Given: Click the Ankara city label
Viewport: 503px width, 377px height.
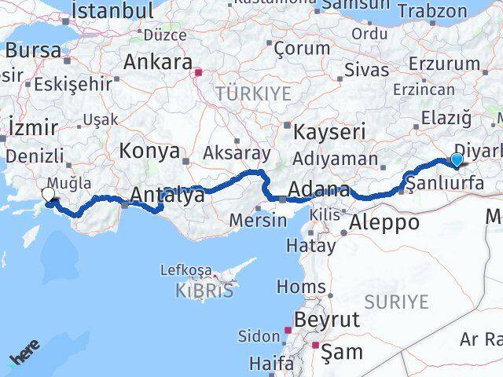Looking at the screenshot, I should click(x=157, y=63).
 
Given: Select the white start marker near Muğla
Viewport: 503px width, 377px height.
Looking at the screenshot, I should click(x=48, y=195).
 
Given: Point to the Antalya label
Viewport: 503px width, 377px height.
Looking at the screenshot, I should click(x=168, y=194).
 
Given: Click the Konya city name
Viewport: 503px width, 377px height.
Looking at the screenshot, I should click(x=149, y=152).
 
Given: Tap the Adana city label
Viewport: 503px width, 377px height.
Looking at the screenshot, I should click(x=319, y=189).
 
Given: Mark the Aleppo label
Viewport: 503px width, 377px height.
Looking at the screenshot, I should click(x=385, y=221).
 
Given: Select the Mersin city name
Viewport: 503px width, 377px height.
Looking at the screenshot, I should click(x=258, y=220).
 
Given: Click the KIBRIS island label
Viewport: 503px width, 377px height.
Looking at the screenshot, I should click(x=204, y=290).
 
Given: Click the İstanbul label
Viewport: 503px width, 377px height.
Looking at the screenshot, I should click(x=112, y=10).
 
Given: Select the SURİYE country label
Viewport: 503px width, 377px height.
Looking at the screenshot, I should click(x=396, y=301).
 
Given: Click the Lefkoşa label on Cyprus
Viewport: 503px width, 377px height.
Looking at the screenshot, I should click(x=186, y=271).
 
